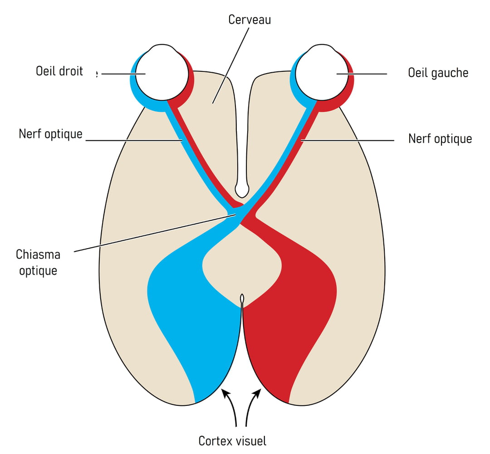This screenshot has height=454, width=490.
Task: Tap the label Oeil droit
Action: coord(59,72)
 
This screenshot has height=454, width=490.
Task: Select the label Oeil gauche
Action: coord(438,73)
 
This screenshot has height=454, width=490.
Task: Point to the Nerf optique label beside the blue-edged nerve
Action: coord(51,134)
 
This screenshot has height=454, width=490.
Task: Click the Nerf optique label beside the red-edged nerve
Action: coord(440,138)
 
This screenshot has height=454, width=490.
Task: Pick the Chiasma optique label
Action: coord(38,262)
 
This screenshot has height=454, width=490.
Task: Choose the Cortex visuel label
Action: coord(233,440)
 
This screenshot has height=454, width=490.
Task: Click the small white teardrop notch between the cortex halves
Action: coord(242,299)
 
